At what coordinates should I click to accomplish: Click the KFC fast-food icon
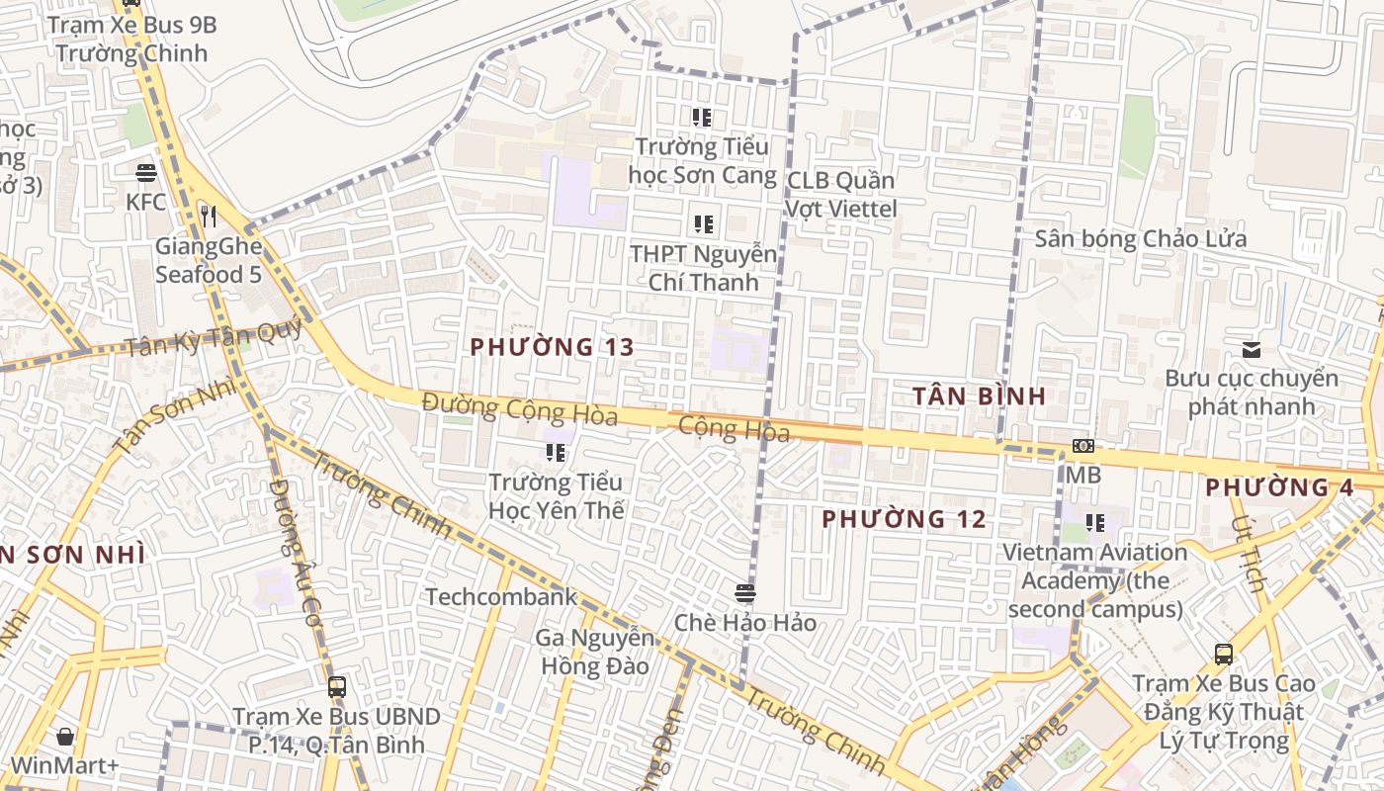click(146, 173)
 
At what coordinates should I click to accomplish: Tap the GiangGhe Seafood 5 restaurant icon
click(208, 216)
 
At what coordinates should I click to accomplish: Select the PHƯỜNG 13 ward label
click(552, 347)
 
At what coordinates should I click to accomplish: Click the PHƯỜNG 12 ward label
click(904, 519)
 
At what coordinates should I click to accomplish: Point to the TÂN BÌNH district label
click(979, 396)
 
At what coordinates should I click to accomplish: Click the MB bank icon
click(1083, 446)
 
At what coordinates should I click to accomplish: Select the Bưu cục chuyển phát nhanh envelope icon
click(1252, 349)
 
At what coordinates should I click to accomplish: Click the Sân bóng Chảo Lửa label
click(1141, 239)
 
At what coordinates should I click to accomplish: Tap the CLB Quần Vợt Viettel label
click(841, 195)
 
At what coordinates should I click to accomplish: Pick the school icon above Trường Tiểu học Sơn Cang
click(702, 118)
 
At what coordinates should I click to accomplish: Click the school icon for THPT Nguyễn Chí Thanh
click(703, 224)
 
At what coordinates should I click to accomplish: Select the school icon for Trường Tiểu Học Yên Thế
click(556, 453)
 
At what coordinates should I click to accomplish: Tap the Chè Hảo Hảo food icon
click(745, 593)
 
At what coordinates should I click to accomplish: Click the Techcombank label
click(501, 597)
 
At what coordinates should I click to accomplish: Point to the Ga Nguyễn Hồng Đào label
click(594, 652)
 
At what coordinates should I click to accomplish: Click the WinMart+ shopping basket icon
click(65, 737)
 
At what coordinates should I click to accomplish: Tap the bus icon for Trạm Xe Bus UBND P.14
click(337, 686)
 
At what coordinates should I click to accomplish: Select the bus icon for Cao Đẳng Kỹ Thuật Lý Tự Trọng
click(1224, 654)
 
